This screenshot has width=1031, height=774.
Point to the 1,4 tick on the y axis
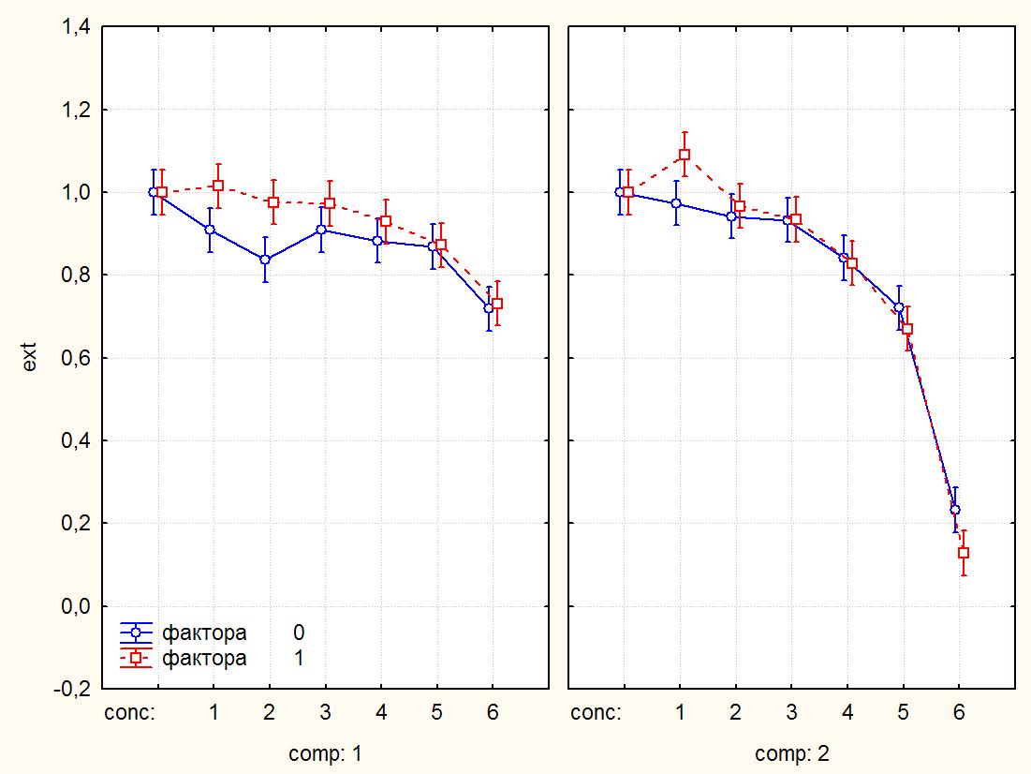tap(76, 28)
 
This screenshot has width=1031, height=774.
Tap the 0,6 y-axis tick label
tap(76, 358)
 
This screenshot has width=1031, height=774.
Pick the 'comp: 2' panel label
tap(791, 753)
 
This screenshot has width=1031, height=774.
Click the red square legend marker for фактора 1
tap(137, 659)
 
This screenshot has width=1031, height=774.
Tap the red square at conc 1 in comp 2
tap(684, 155)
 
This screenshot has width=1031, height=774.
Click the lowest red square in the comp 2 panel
tap(964, 553)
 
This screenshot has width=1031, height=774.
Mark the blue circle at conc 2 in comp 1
tap(265, 260)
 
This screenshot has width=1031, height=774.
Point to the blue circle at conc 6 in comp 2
tap(955, 510)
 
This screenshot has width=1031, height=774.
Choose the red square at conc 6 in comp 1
tap(497, 304)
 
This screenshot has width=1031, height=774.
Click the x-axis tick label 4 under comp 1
tap(381, 713)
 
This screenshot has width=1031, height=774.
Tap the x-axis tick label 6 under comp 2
tap(959, 713)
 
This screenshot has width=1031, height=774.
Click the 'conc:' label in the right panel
tap(596, 713)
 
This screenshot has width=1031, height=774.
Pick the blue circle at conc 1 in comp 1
tap(210, 230)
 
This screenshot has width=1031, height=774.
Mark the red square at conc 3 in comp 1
tap(330, 203)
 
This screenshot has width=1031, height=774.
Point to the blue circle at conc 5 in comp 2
tap(899, 308)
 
